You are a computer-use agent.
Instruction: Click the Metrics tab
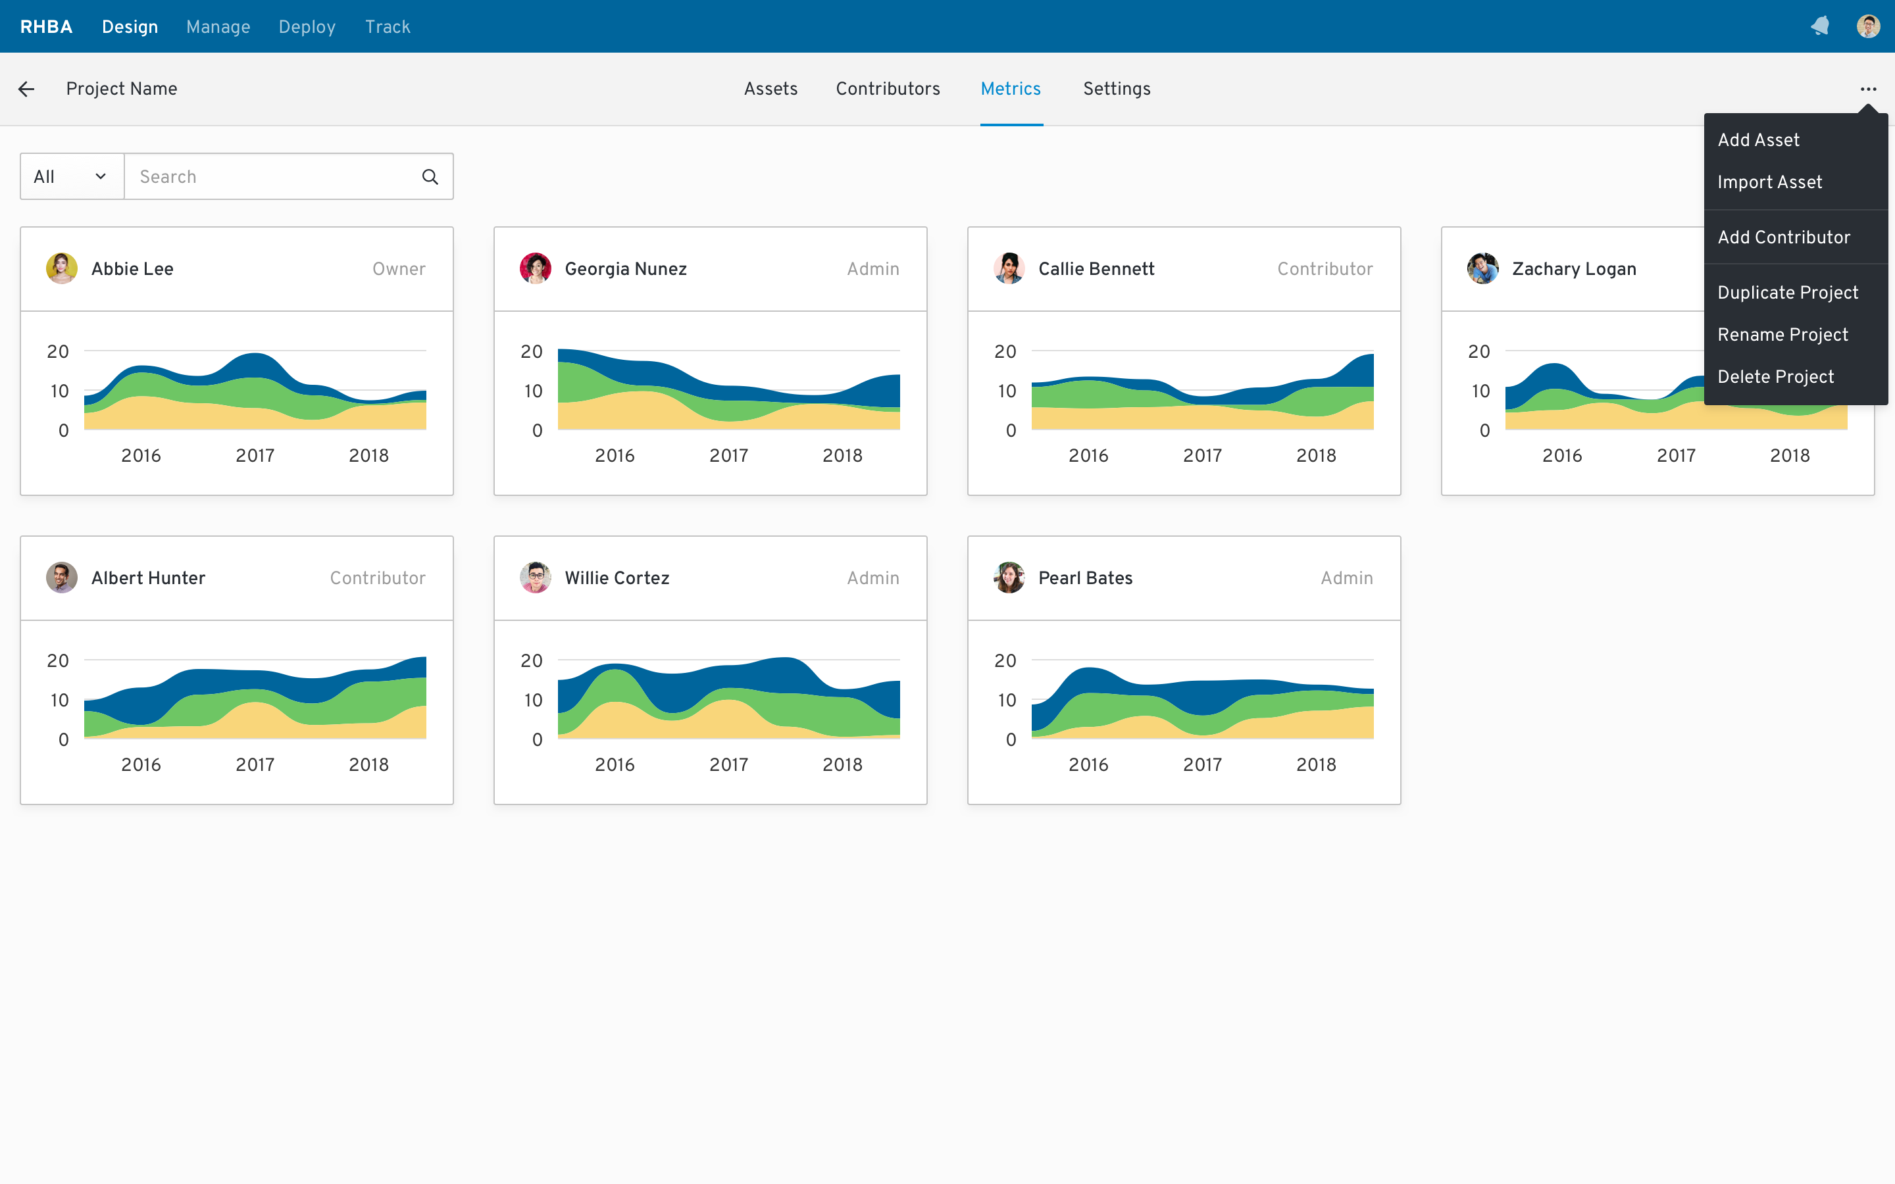[x=1010, y=89]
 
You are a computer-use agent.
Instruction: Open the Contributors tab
[x=887, y=89]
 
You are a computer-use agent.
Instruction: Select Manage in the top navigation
[x=218, y=26]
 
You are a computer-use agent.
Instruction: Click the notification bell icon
[x=1820, y=26]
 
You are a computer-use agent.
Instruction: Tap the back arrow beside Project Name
[x=26, y=89]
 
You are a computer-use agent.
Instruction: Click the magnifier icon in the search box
[x=430, y=177]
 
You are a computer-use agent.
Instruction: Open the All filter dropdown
[x=71, y=177]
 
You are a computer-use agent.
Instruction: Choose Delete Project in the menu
[x=1775, y=377]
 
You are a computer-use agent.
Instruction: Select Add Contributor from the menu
[x=1783, y=237]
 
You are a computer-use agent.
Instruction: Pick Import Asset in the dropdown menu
[x=1769, y=182]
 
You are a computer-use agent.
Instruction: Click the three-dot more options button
[x=1869, y=89]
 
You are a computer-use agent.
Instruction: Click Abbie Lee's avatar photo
[x=62, y=268]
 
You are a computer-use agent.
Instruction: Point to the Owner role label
[x=399, y=268]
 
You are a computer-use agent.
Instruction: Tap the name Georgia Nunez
[x=625, y=268]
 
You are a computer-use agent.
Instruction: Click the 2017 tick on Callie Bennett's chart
[x=1202, y=456]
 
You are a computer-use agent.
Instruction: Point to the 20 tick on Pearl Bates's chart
[x=1005, y=661]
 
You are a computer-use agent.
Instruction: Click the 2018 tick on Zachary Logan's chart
[x=1789, y=456]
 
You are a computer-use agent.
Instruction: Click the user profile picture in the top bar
[x=1867, y=26]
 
